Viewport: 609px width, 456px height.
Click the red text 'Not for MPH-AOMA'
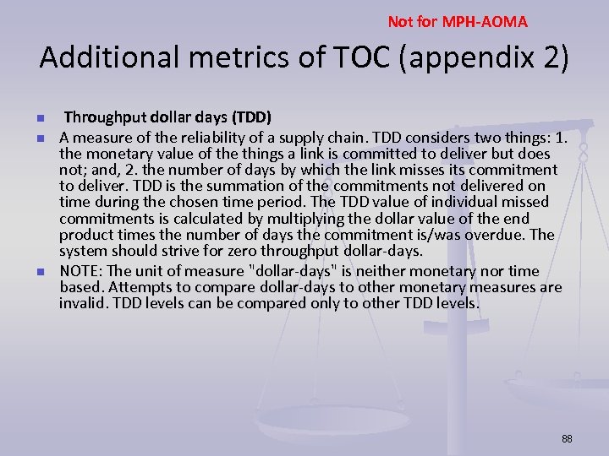click(x=458, y=22)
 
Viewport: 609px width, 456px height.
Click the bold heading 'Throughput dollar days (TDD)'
click(x=167, y=117)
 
